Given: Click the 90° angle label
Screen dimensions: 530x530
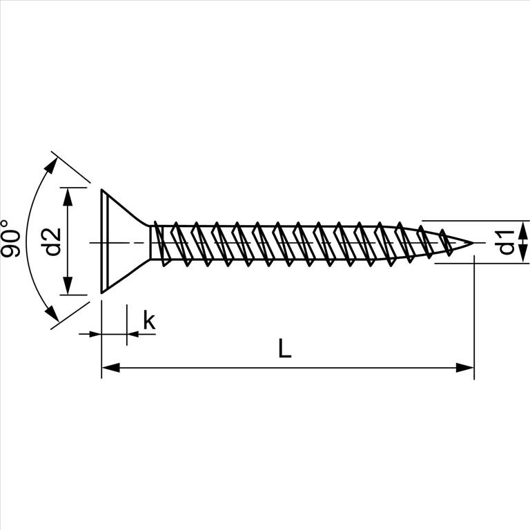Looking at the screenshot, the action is (x=10, y=238).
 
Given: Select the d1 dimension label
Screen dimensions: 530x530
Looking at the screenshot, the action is (x=506, y=242).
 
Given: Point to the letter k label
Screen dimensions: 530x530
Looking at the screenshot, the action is (x=149, y=320).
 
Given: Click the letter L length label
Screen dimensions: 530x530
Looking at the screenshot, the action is (x=284, y=348).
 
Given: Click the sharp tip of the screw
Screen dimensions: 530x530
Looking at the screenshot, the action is (x=473, y=243).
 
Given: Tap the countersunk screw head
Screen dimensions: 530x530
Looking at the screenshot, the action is (x=125, y=241).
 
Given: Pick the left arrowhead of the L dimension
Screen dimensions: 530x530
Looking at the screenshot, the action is (x=110, y=367).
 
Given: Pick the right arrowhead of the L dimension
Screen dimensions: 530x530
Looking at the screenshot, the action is (x=465, y=367).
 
